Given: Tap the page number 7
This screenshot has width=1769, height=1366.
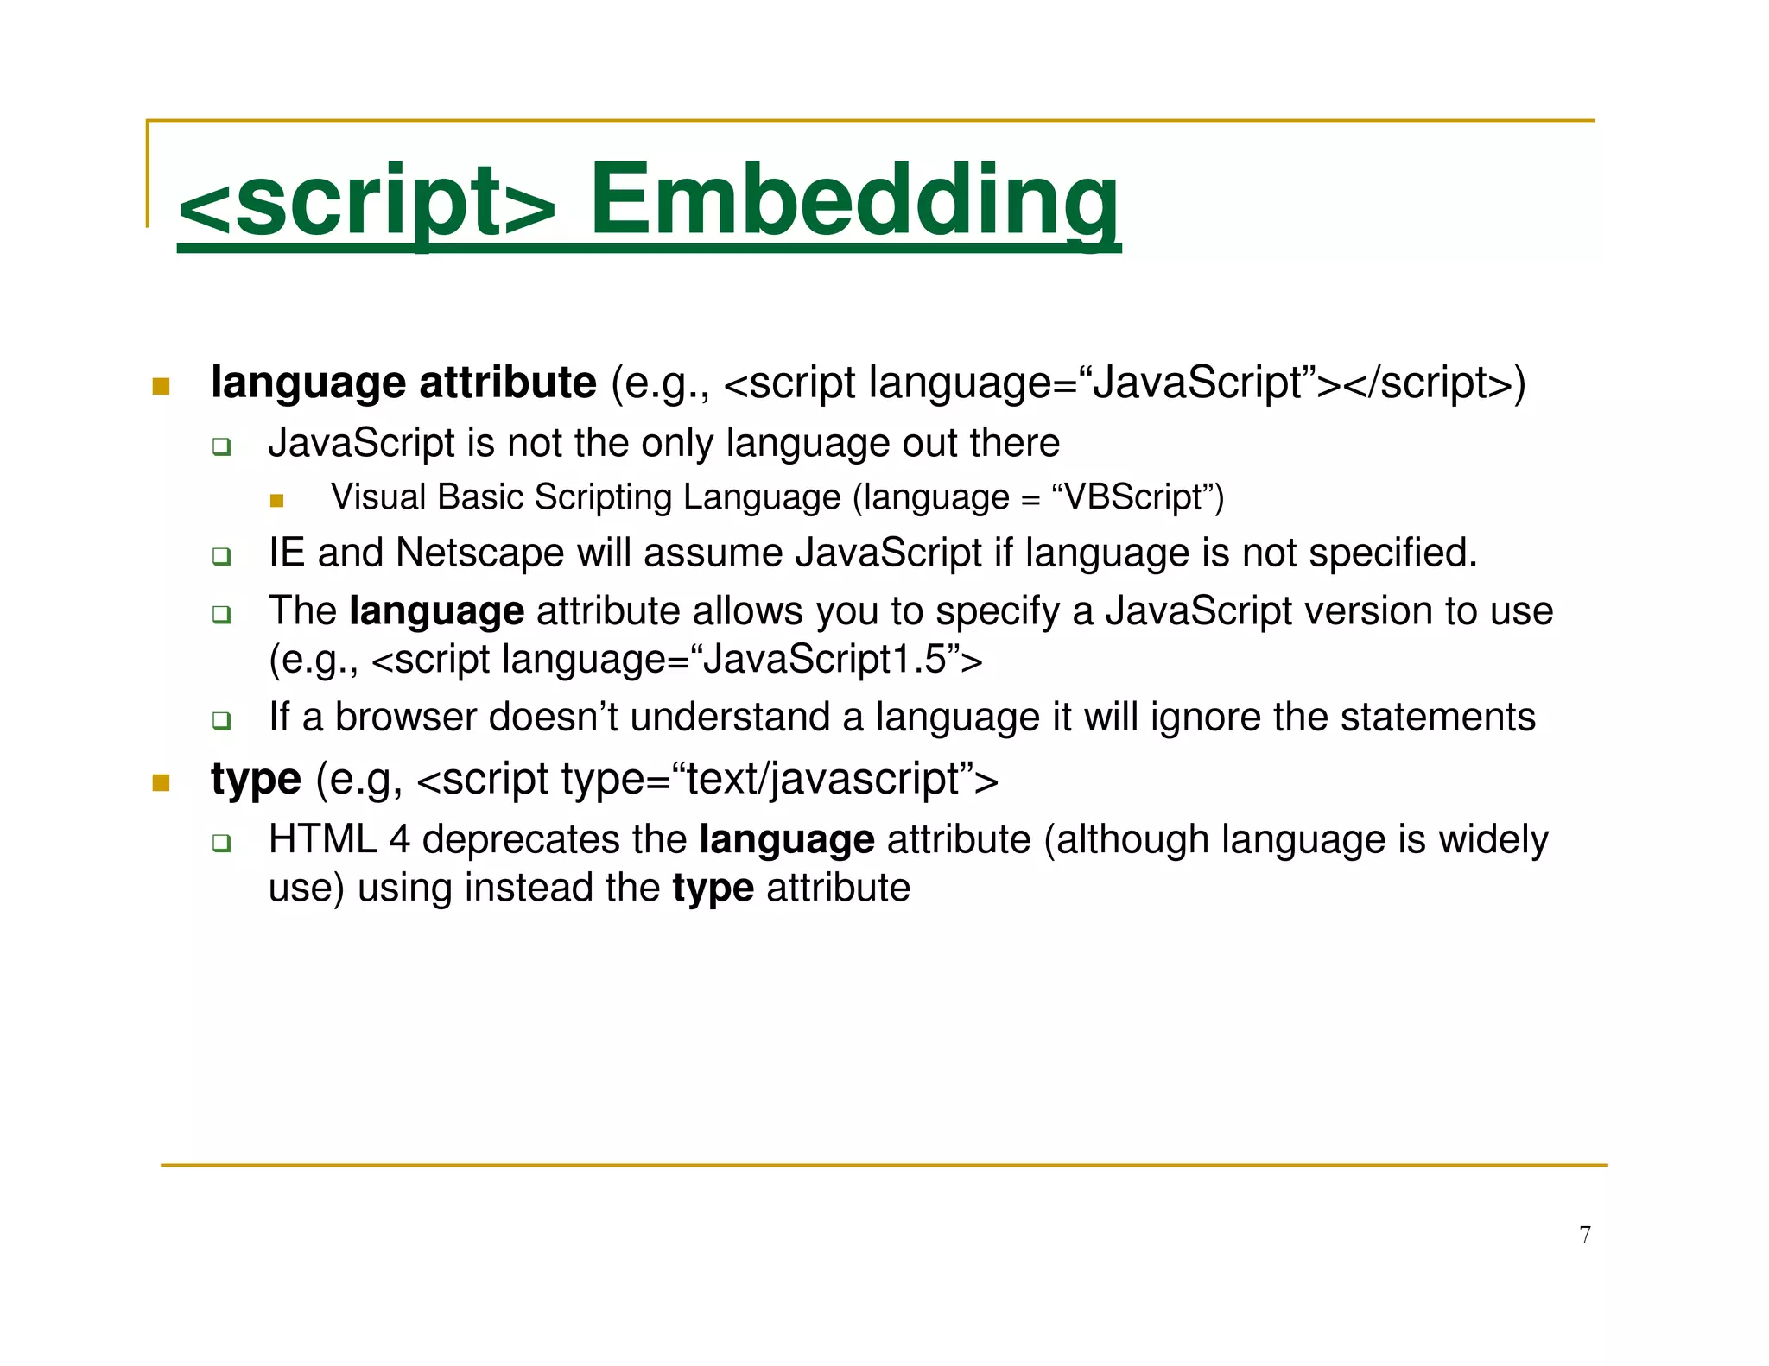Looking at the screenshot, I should [x=1585, y=1235].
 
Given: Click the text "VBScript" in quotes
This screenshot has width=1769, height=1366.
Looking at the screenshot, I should [x=1133, y=497].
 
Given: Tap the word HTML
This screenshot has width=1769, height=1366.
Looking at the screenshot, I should [x=322, y=839].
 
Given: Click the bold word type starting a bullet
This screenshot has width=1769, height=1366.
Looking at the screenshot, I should [x=256, y=780].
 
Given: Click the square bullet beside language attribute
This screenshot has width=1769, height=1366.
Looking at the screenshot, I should [x=161, y=386].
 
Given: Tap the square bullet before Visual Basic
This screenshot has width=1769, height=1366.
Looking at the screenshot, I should [x=276, y=501].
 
